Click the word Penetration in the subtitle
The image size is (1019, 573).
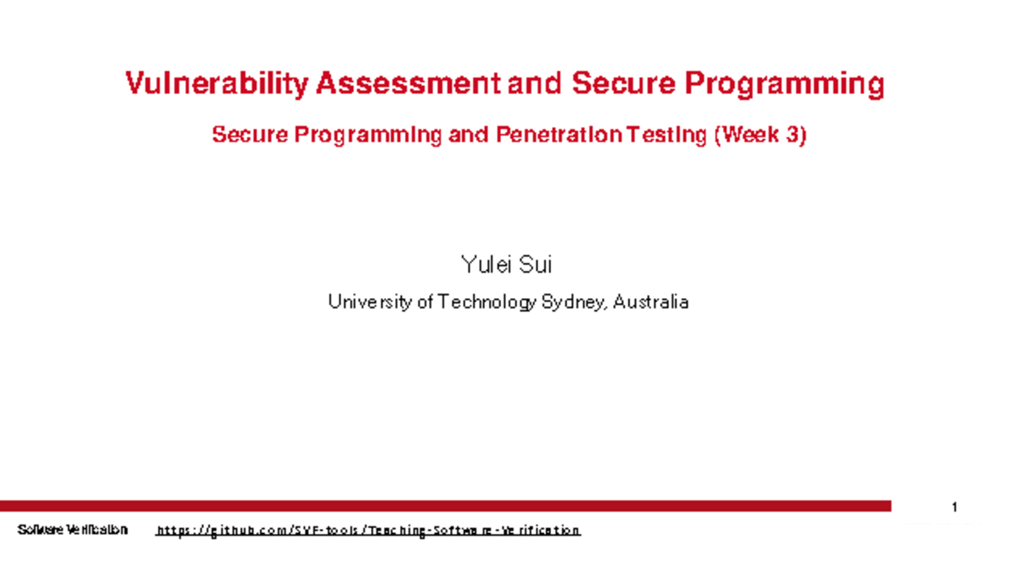pos(557,136)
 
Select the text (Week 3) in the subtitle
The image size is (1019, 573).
pos(759,136)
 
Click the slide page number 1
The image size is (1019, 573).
pos(955,508)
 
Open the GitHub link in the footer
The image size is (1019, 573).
pos(368,531)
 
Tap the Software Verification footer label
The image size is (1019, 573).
pos(72,530)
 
